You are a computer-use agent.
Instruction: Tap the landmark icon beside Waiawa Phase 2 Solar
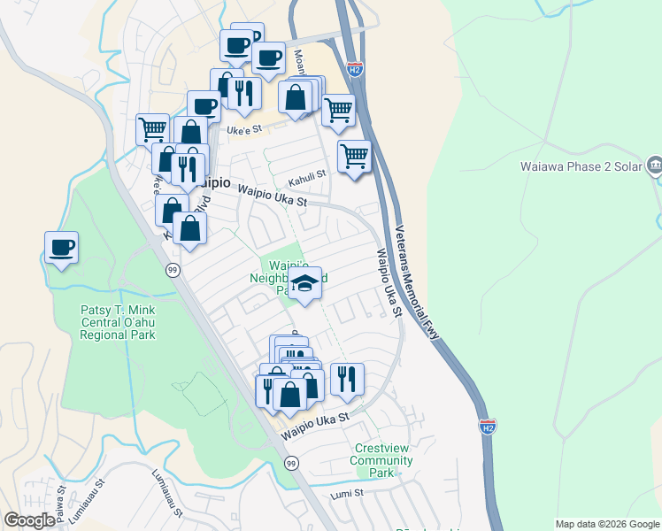pyautogui.click(x=654, y=165)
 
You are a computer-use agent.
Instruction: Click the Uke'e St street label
pyautogui.click(x=245, y=130)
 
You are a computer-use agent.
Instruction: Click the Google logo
pyautogui.click(x=29, y=520)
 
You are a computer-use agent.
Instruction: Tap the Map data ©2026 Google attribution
pyautogui.click(x=606, y=524)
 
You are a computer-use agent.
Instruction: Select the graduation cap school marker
pyautogui.click(x=304, y=284)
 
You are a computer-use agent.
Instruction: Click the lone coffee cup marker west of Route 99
pyautogui.click(x=61, y=248)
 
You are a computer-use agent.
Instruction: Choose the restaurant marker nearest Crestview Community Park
pyautogui.click(x=347, y=379)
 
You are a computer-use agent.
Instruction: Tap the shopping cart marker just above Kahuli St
pyautogui.click(x=354, y=157)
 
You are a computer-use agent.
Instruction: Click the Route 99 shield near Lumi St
pyautogui.click(x=290, y=463)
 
